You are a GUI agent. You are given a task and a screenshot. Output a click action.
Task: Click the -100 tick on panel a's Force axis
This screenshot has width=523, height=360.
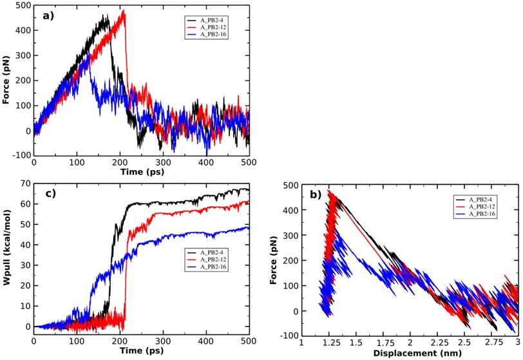(21, 155)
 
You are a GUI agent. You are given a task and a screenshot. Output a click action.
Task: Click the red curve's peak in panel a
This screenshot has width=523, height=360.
(124, 11)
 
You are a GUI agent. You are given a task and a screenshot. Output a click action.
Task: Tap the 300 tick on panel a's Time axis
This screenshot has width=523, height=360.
(162, 164)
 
